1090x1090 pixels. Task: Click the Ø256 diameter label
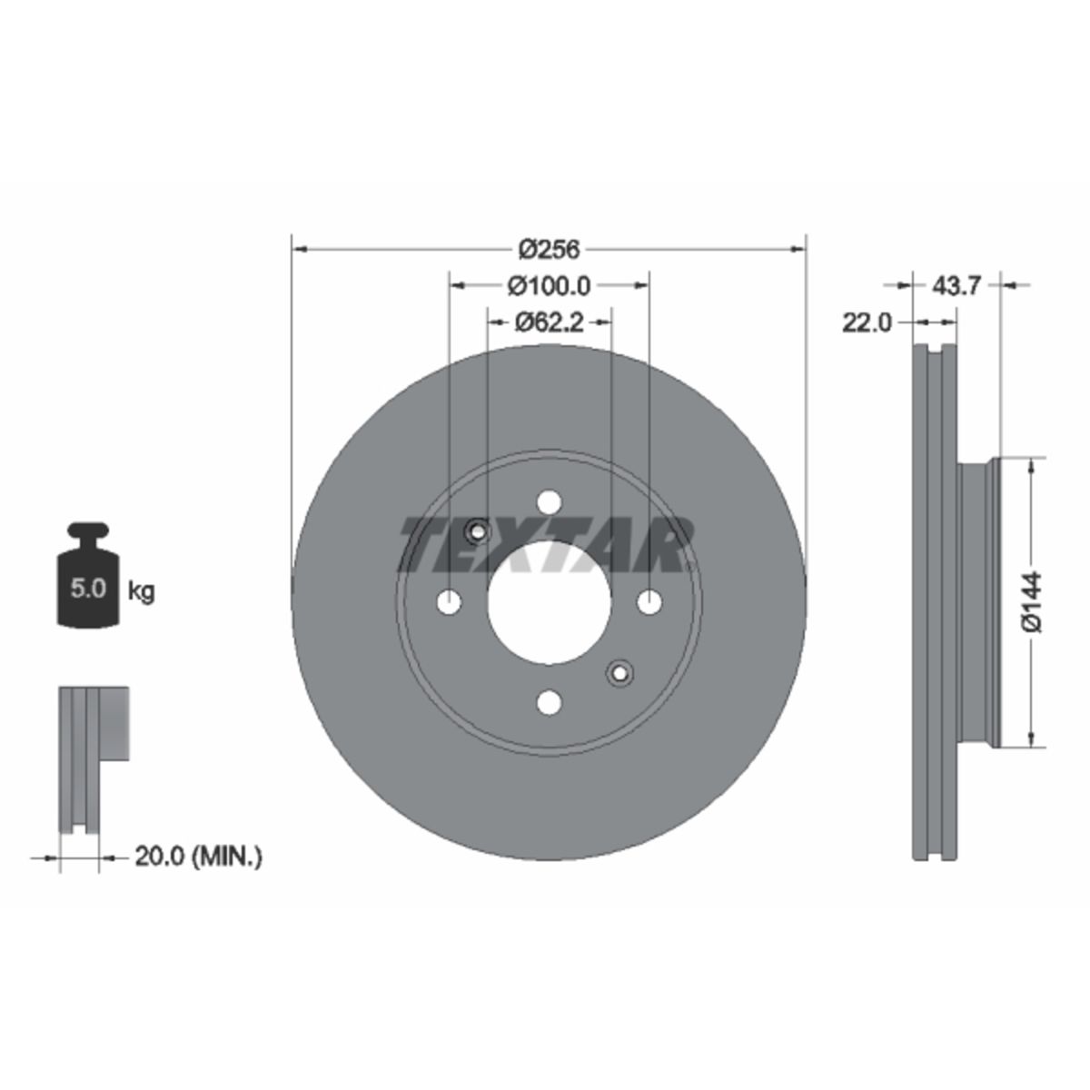click(x=550, y=250)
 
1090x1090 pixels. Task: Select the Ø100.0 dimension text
click(x=549, y=286)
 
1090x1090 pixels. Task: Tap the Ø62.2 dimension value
click(x=549, y=323)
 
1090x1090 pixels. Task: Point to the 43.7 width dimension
click(x=956, y=286)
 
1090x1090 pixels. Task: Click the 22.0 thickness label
click(x=867, y=323)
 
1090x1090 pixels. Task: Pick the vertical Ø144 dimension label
click(x=1031, y=602)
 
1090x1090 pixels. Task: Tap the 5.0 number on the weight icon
click(x=88, y=589)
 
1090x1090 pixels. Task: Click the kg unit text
click(x=142, y=591)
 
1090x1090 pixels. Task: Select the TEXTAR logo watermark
click(x=547, y=543)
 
